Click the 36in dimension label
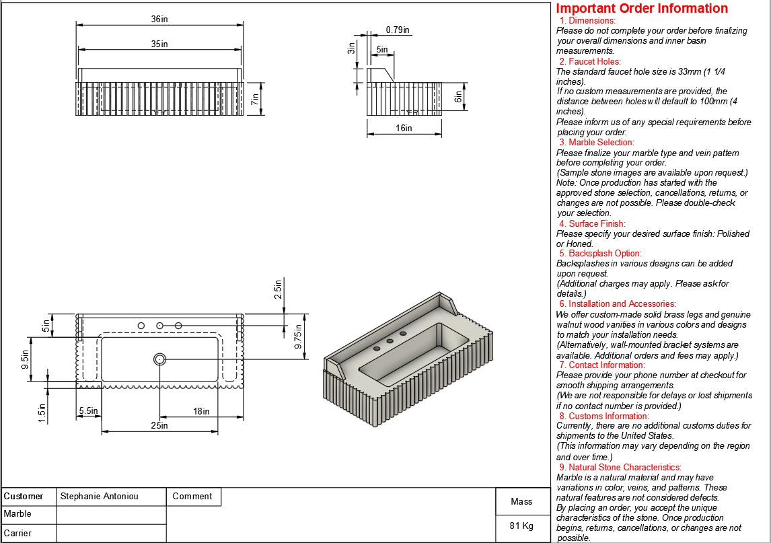coord(159,20)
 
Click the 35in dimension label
coord(159,44)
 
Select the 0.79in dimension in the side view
coord(398,30)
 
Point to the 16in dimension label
coord(404,128)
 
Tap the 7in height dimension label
coord(255,99)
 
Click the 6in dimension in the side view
coord(459,97)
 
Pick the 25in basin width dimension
coord(159,425)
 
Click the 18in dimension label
coord(201,411)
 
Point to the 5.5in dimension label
coord(88,410)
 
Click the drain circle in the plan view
coord(160,359)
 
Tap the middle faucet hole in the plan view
coord(160,326)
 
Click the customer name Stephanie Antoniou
coord(99,497)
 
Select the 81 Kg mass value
coord(521,526)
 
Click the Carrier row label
coord(18,533)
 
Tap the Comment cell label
coord(192,497)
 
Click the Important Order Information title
coord(642,9)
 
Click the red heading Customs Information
coord(608,416)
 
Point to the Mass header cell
coord(521,501)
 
